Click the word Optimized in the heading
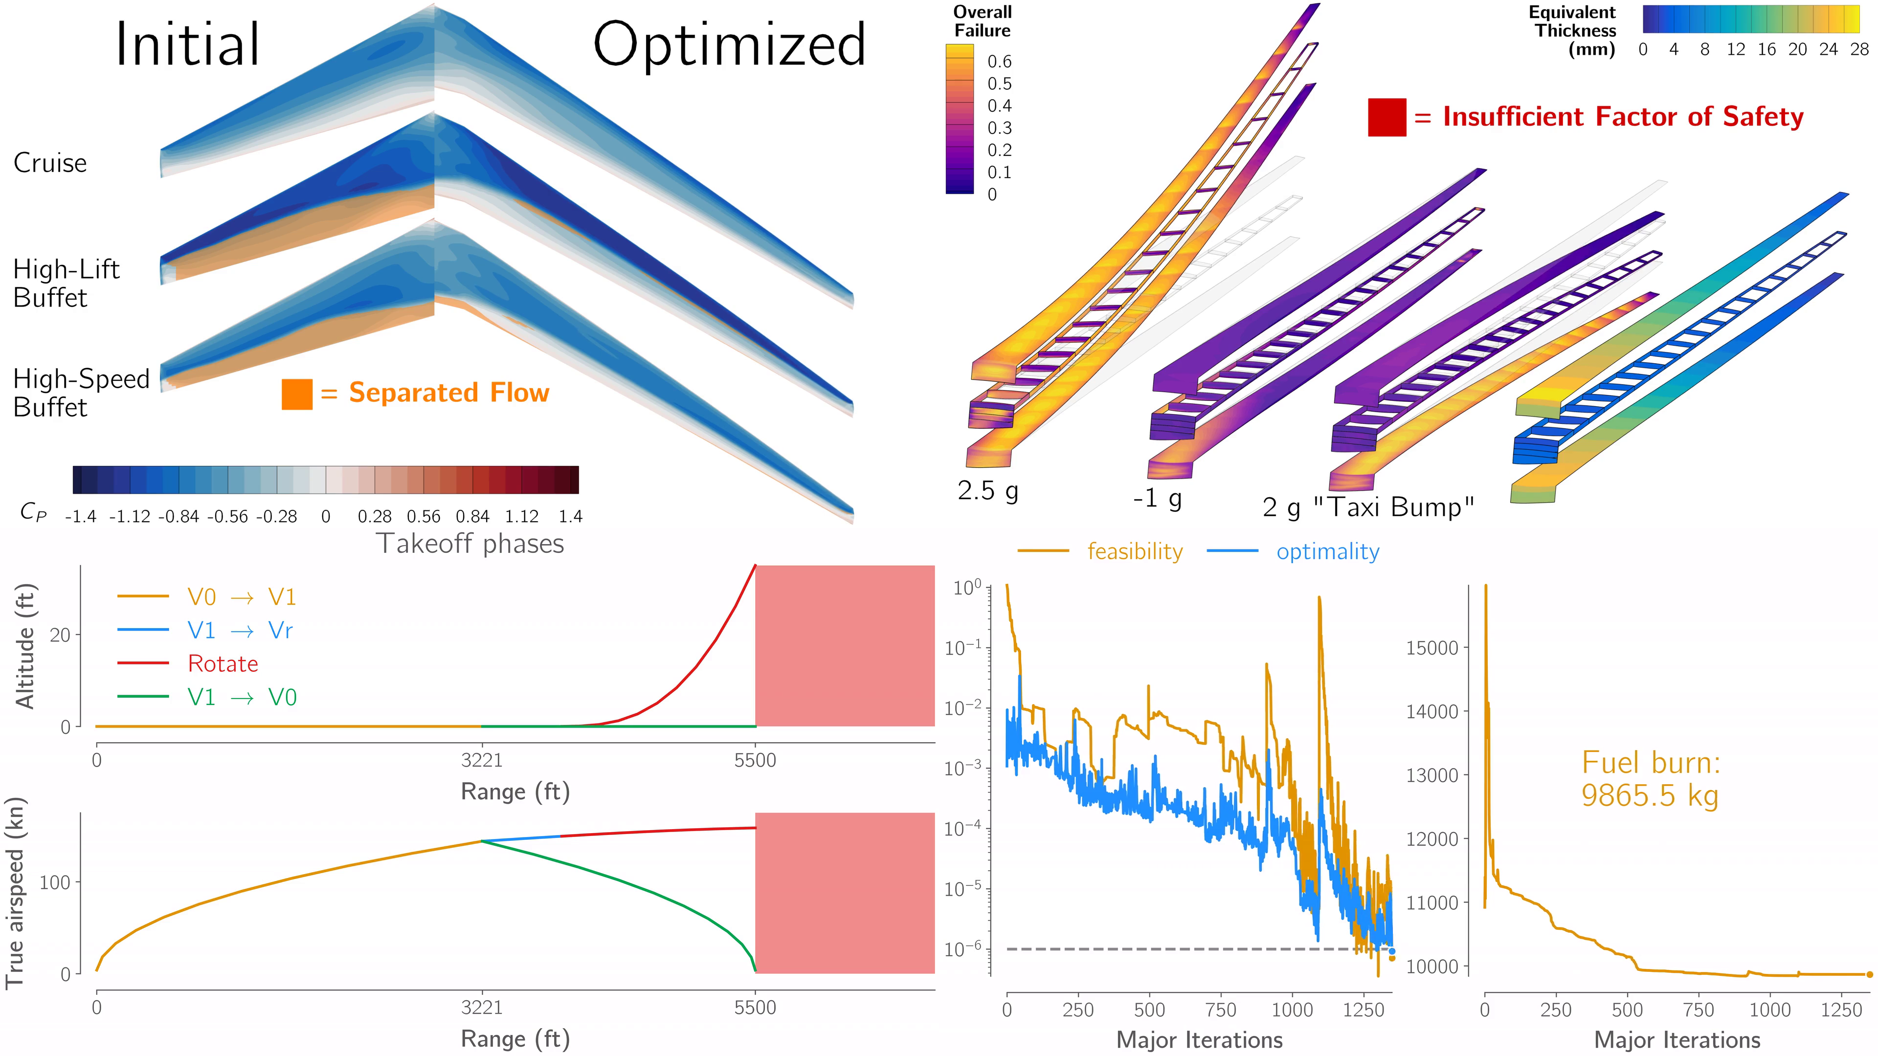tap(729, 45)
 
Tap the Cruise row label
tap(49, 162)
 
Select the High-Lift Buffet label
tap(66, 284)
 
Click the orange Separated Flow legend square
tap(297, 394)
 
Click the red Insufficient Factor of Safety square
tap(1386, 117)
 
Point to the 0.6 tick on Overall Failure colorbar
tap(999, 61)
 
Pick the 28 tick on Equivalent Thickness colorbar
tap(1859, 49)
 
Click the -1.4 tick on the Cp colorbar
tap(80, 517)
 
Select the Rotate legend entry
tap(223, 664)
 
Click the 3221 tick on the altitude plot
tap(481, 761)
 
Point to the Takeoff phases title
tap(469, 544)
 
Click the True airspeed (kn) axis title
tap(16, 892)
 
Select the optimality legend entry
tap(1327, 551)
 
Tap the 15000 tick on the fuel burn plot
tap(1432, 648)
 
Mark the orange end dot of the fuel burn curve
tap(1869, 974)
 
